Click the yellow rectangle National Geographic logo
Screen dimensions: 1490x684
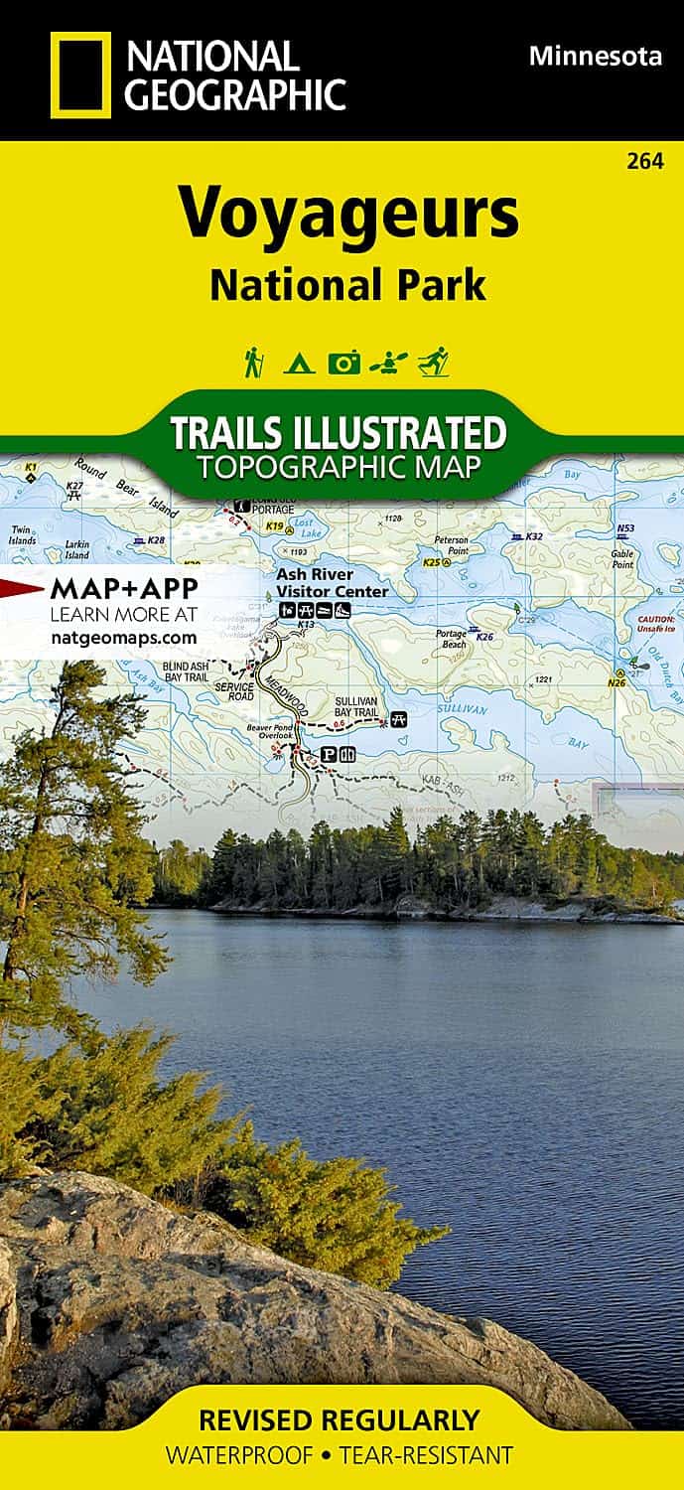point(81,74)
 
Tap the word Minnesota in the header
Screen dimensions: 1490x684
point(595,57)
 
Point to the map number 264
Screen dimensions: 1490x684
point(645,160)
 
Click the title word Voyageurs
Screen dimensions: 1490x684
point(348,213)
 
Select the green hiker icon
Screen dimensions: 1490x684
point(253,362)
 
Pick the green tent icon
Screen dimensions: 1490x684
point(299,364)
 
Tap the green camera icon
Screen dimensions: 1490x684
point(343,364)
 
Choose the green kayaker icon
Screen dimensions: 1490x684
point(386,364)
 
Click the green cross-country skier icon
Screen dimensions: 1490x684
point(433,362)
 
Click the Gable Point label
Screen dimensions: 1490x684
point(622,559)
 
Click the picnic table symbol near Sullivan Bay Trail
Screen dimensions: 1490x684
point(399,717)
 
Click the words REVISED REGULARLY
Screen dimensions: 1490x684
point(339,1419)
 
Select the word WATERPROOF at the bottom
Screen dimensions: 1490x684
point(241,1456)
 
